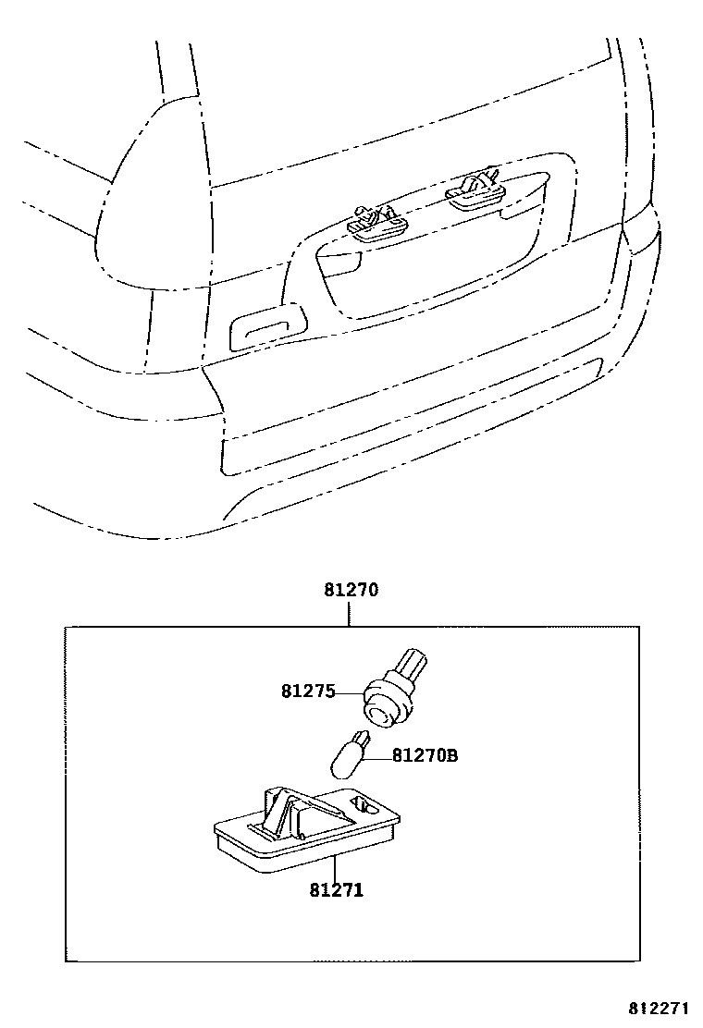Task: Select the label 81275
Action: pyautogui.click(x=308, y=691)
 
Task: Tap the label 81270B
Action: pyautogui.click(x=425, y=756)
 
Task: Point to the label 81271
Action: pyautogui.click(x=336, y=890)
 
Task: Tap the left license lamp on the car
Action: pyautogui.click(x=374, y=224)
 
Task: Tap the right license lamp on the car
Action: pyautogui.click(x=476, y=189)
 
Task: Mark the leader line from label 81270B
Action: pyautogui.click(x=376, y=757)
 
